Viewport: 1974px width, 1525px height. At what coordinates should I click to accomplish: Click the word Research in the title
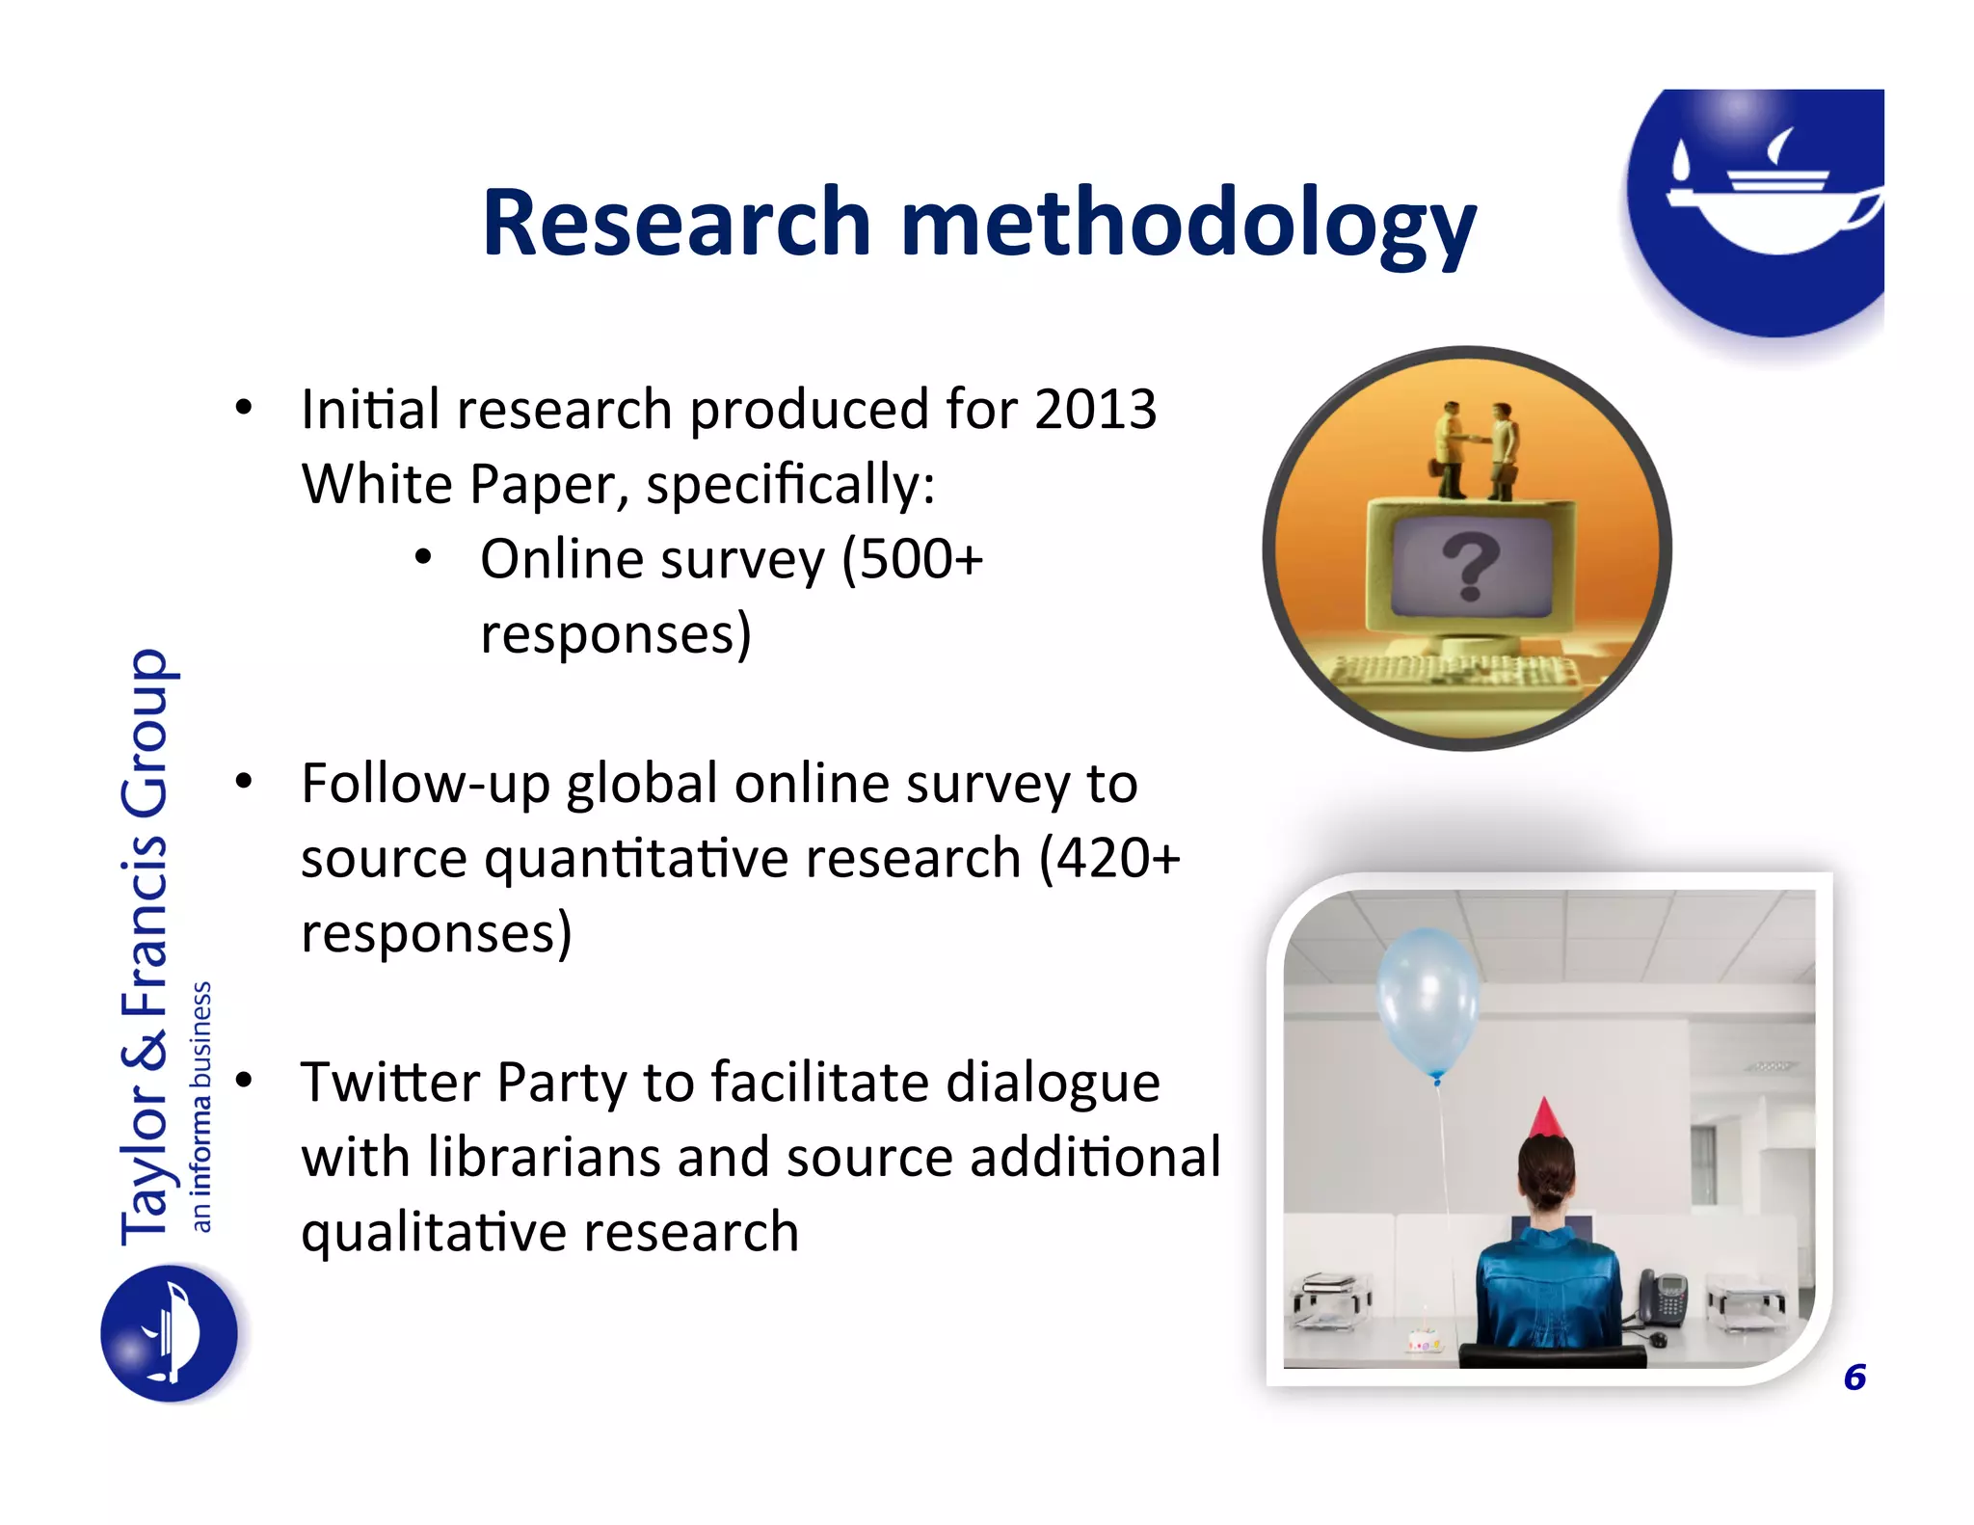pyautogui.click(x=677, y=224)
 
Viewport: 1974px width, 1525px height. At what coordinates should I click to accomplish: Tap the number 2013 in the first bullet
pyautogui.click(x=1095, y=410)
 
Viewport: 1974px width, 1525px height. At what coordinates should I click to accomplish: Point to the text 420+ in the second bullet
pyautogui.click(x=1118, y=858)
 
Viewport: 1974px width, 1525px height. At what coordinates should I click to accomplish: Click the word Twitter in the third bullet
pyautogui.click(x=390, y=1082)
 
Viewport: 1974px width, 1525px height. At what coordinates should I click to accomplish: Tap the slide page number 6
pyautogui.click(x=1854, y=1378)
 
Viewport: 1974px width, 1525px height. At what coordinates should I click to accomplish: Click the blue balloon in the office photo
pyautogui.click(x=1427, y=1003)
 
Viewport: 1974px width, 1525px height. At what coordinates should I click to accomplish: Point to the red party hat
pyautogui.click(x=1544, y=1118)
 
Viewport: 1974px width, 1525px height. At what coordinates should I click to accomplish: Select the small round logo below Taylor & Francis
pyautogui.click(x=170, y=1334)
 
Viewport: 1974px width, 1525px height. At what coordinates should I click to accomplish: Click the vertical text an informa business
pyautogui.click(x=200, y=1106)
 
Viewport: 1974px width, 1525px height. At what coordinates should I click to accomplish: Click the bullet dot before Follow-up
pyautogui.click(x=244, y=781)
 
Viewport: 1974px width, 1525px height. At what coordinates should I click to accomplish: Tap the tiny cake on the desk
pyautogui.click(x=1424, y=1340)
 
